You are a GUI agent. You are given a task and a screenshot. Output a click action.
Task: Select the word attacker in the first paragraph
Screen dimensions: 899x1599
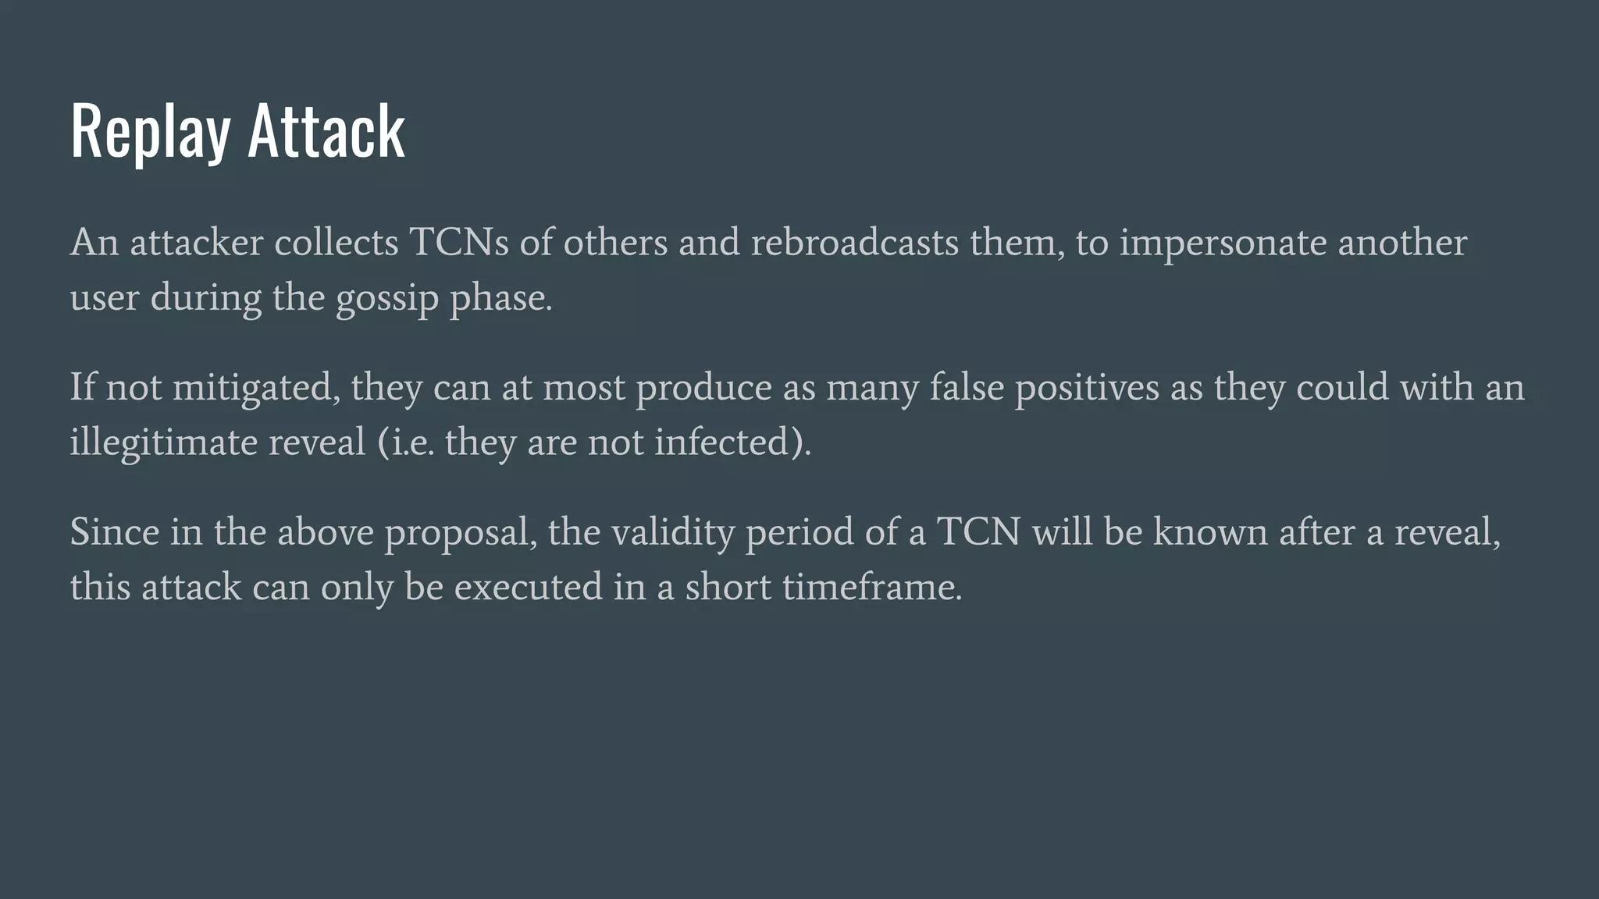coord(197,243)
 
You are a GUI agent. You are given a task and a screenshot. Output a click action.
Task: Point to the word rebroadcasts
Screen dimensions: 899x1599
coord(854,243)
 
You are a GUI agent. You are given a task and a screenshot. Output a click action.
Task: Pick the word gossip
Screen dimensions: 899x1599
coord(387,299)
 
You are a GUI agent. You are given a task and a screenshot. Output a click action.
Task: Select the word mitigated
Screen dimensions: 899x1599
coord(256,388)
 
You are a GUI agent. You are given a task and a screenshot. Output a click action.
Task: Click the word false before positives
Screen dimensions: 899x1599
coord(967,387)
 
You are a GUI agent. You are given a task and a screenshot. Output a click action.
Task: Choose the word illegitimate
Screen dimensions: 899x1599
coord(164,443)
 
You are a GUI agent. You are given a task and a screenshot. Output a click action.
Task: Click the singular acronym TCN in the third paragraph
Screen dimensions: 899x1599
coord(978,532)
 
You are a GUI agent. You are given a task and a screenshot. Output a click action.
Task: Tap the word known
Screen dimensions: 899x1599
coord(1210,532)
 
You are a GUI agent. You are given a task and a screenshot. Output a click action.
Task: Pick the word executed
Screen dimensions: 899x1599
coord(528,587)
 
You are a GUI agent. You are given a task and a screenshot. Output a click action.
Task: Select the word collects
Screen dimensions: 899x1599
coord(337,243)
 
